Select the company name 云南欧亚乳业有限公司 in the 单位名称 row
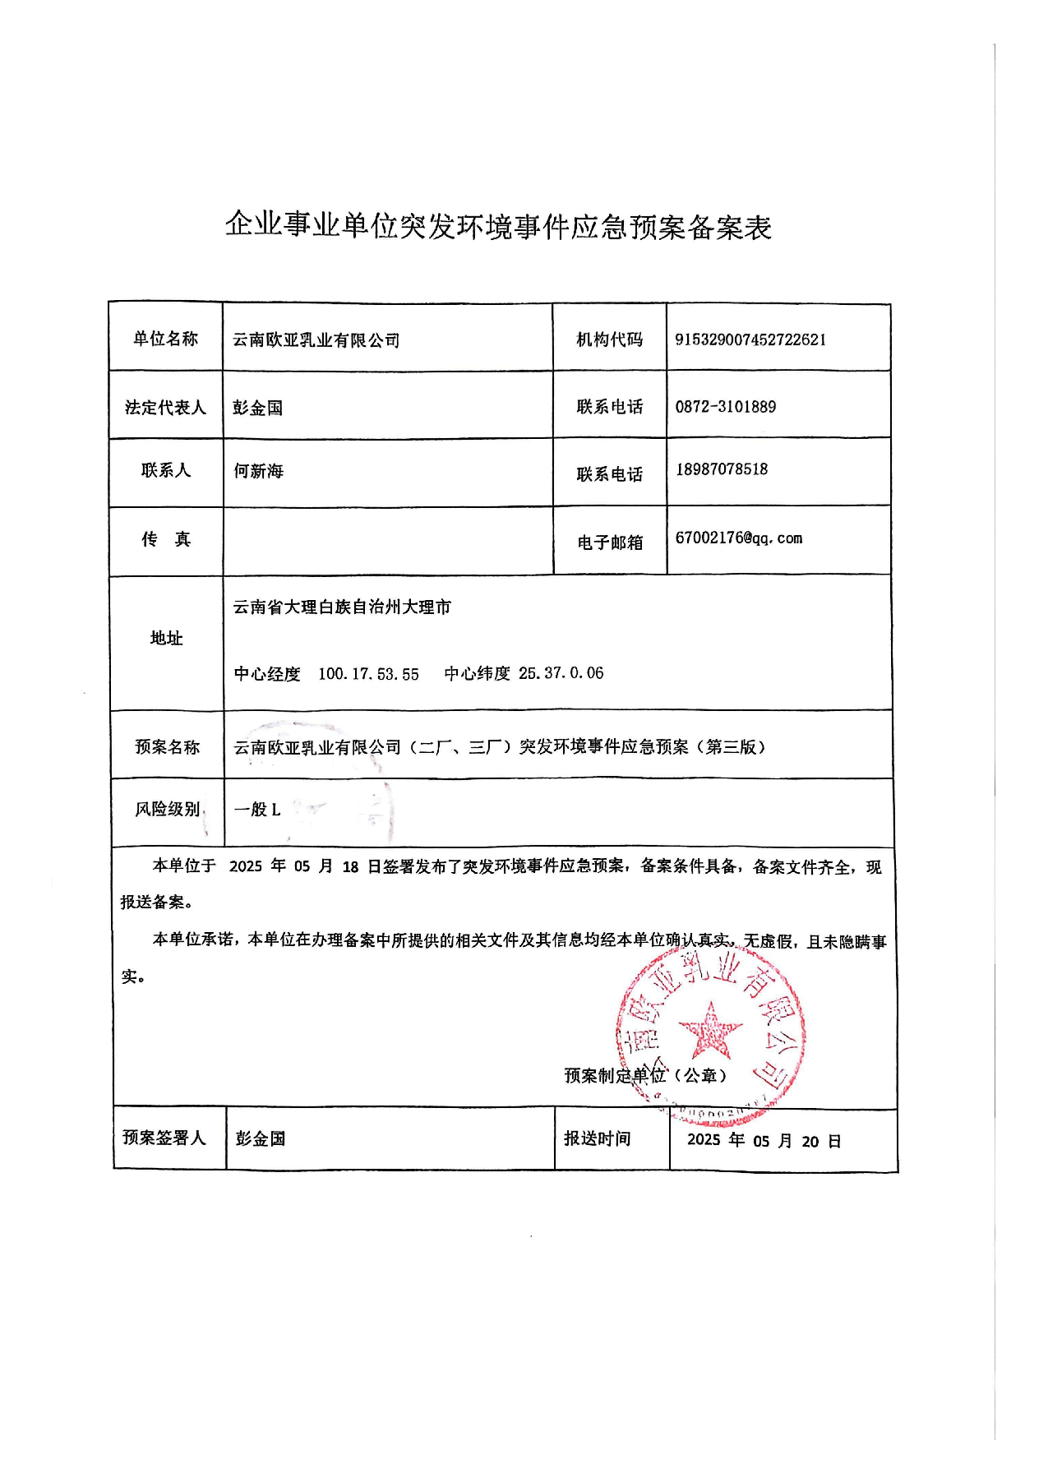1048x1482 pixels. coord(316,339)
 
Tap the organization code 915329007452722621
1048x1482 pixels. coord(750,339)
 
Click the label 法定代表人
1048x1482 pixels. coord(165,407)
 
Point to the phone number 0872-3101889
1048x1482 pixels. coord(725,406)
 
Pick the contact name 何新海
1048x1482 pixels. coord(258,471)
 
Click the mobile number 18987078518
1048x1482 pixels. coord(722,469)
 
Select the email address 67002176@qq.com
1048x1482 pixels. coord(738,538)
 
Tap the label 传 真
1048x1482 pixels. coord(165,539)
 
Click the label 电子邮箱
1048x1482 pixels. coord(609,542)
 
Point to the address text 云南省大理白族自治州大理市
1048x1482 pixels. coord(342,607)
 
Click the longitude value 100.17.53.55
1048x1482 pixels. coord(368,674)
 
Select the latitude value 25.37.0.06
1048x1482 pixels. coord(561,673)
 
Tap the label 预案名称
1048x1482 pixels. coord(167,746)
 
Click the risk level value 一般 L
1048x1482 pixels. coord(257,810)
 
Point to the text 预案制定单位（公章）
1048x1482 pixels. coord(645,1075)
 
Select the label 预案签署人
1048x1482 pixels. coord(164,1138)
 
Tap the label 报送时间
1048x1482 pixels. coord(597,1138)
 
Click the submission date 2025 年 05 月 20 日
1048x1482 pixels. coord(764,1141)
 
